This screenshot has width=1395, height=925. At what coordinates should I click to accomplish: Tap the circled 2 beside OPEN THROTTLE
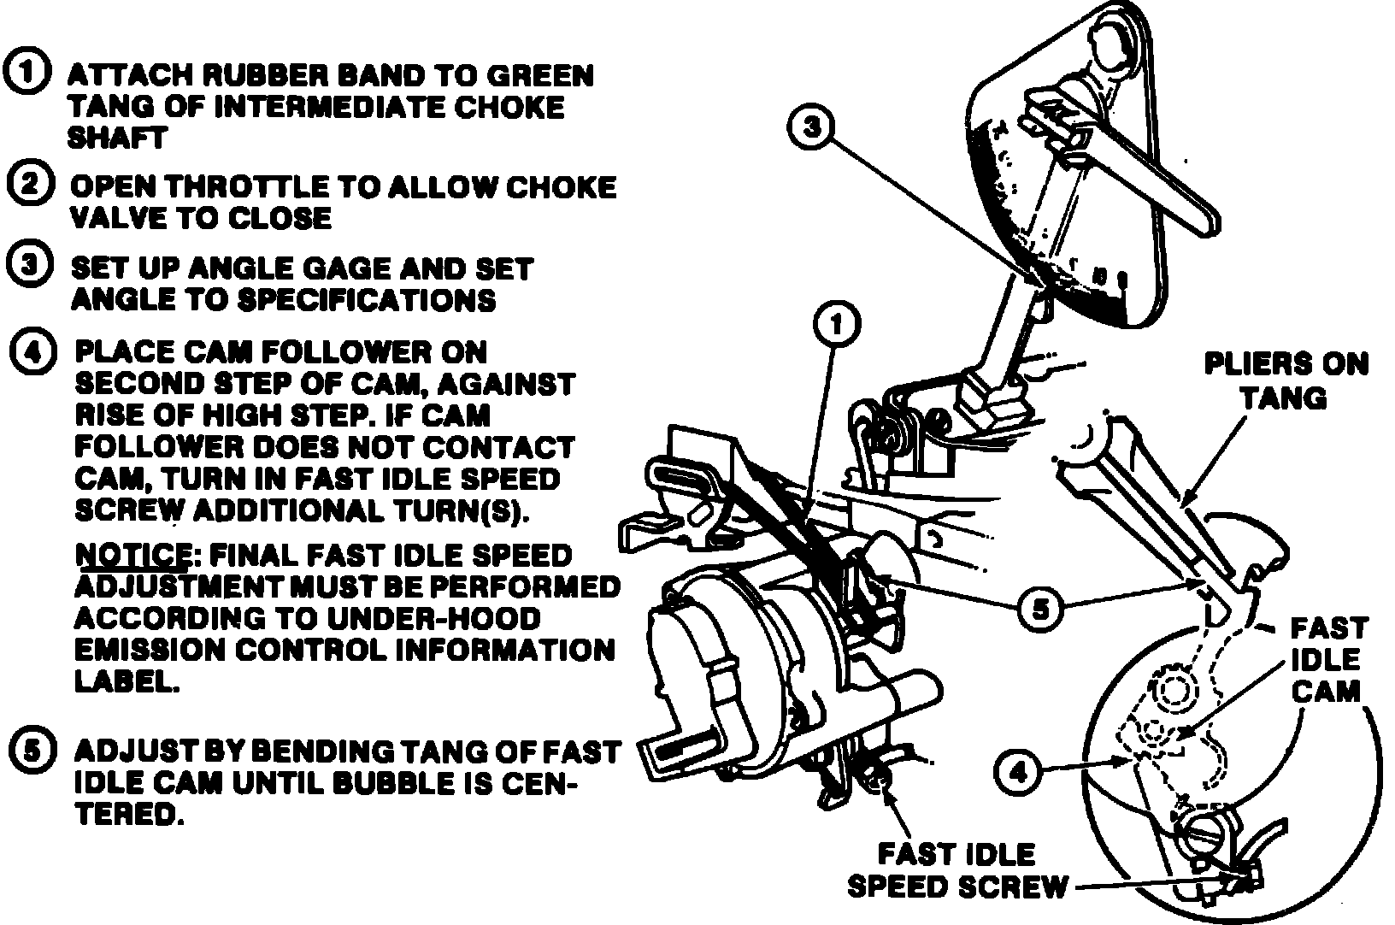(x=29, y=186)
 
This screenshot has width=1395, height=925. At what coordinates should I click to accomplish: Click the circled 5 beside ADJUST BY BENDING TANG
(x=32, y=752)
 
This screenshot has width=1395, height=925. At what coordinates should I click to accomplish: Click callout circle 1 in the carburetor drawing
(x=837, y=325)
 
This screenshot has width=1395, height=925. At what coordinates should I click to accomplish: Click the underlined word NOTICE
(x=132, y=555)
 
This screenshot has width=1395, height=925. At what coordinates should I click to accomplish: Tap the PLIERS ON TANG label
(x=1285, y=380)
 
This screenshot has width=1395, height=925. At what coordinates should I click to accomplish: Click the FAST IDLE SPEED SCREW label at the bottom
(x=956, y=870)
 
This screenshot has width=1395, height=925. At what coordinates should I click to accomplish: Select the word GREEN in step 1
(x=539, y=75)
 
